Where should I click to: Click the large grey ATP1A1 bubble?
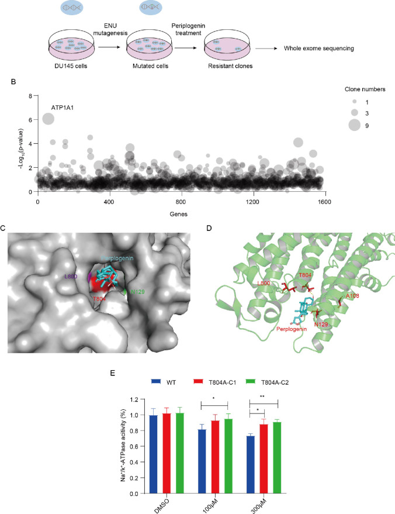[48, 119]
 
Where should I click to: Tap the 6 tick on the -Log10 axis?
[26, 119]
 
